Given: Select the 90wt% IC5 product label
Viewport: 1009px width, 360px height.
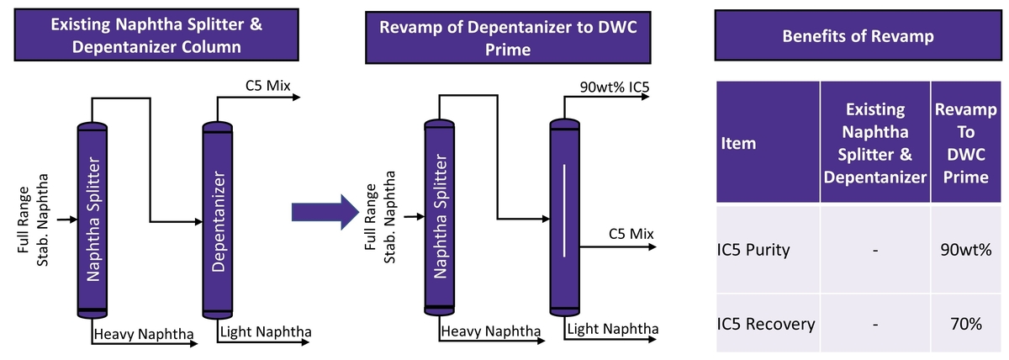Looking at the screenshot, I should (x=614, y=87).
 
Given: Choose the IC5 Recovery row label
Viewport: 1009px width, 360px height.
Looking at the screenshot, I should (x=766, y=323).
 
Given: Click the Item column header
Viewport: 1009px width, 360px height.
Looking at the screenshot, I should (x=739, y=143).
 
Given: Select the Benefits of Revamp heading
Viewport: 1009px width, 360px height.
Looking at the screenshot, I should (x=856, y=36).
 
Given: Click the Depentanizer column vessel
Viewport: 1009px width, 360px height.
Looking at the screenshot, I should (x=218, y=221).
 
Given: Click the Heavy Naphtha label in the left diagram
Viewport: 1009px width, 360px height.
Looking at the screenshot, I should (x=144, y=335).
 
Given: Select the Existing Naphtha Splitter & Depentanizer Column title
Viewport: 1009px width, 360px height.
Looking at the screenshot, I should (x=156, y=36).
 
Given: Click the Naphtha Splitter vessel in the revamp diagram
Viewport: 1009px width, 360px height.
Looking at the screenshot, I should (x=439, y=217).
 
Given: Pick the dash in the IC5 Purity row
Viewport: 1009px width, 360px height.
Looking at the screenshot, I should (x=875, y=250).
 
